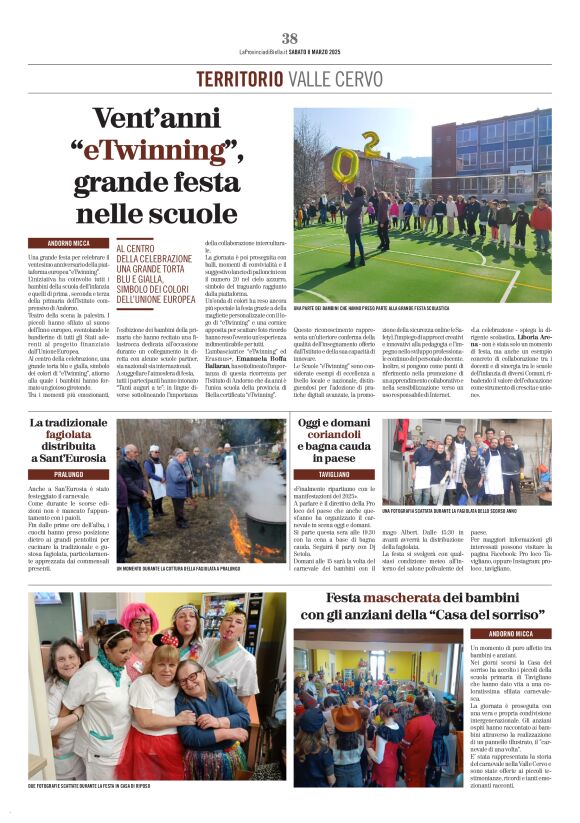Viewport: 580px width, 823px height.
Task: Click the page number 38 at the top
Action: pos(290,38)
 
